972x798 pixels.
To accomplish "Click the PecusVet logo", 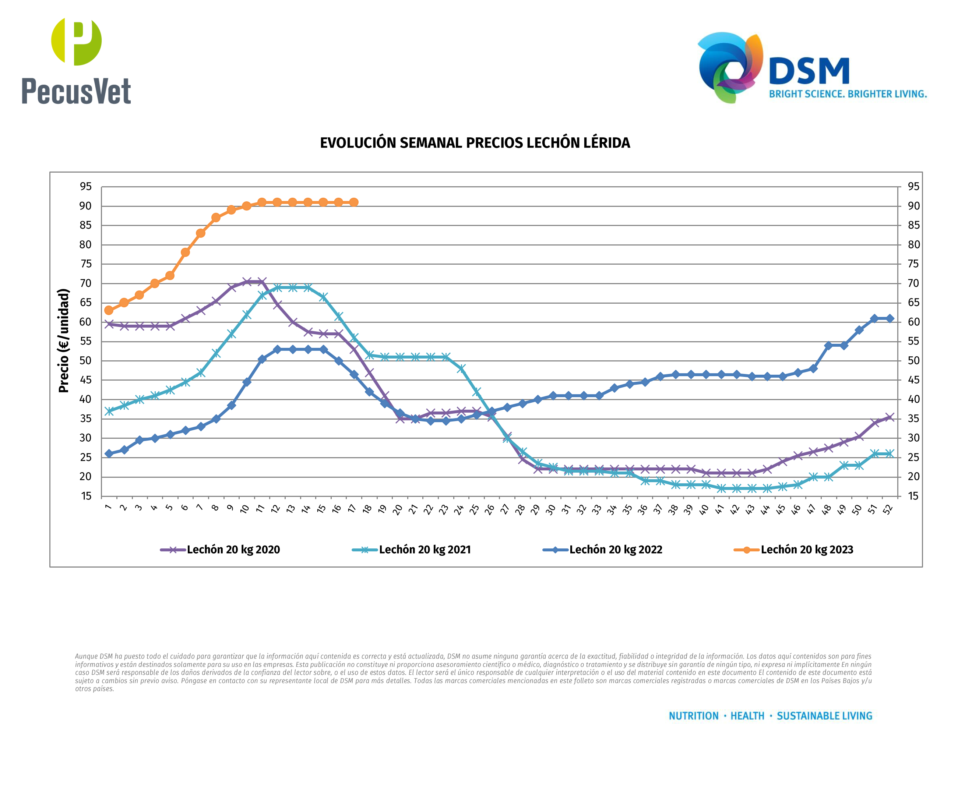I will pyautogui.click(x=76, y=61).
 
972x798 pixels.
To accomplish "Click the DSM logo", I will pyautogui.click(x=811, y=68).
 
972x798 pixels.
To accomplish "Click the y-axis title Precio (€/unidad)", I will pyautogui.click(x=63, y=340).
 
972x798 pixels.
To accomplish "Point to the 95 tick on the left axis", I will pyautogui.click(x=85, y=187).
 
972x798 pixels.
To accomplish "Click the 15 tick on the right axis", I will pyautogui.click(x=913, y=496).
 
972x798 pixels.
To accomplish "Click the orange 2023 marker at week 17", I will pyautogui.click(x=353, y=202).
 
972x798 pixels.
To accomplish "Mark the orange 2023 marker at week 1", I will pyautogui.click(x=109, y=310).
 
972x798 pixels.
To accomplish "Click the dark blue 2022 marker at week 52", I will pyautogui.click(x=890, y=318).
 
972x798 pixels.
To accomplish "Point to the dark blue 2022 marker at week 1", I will pyautogui.click(x=109, y=454).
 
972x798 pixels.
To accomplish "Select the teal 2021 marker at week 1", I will pyautogui.click(x=109, y=412).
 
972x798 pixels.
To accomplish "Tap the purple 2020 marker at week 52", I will pyautogui.click(x=890, y=417).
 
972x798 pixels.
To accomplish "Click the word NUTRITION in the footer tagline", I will pyautogui.click(x=693, y=716).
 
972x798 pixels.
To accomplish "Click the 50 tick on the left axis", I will pyautogui.click(x=85, y=361).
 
